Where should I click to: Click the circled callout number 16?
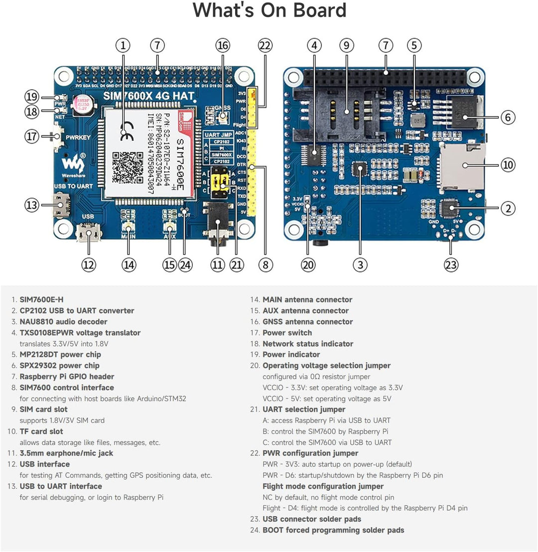[223, 45]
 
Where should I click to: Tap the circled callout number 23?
[451, 265]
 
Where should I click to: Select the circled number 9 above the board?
[347, 45]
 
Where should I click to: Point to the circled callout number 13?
[32, 205]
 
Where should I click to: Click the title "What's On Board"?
[269, 11]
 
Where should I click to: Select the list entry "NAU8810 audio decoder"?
[63, 322]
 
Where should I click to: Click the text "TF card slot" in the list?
[41, 431]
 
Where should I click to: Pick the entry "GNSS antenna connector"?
[307, 322]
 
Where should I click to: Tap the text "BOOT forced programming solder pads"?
[333, 530]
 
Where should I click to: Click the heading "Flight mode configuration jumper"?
[323, 486]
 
